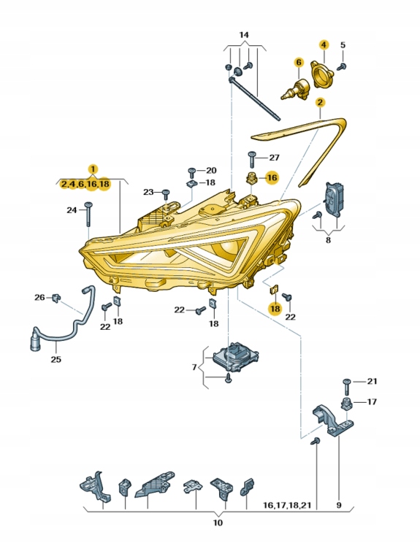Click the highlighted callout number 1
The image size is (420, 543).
pyautogui.click(x=92, y=169)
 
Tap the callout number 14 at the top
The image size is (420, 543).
pyautogui.click(x=243, y=35)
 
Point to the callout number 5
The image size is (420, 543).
pyautogui.click(x=343, y=45)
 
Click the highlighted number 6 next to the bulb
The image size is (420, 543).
pyautogui.click(x=298, y=62)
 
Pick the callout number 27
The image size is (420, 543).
pyautogui.click(x=274, y=158)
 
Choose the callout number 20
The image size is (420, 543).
pyautogui.click(x=211, y=170)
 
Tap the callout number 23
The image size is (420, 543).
pyautogui.click(x=149, y=192)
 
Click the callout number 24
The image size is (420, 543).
pyautogui.click(x=72, y=210)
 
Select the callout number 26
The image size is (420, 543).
pyautogui.click(x=39, y=297)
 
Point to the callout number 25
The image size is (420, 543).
pyautogui.click(x=56, y=359)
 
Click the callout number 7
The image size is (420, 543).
pyautogui.click(x=194, y=367)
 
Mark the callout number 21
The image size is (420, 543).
pyautogui.click(x=372, y=382)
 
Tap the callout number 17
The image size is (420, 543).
pyautogui.click(x=372, y=402)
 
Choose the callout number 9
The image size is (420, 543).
pyautogui.click(x=338, y=504)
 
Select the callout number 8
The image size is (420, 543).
pyautogui.click(x=328, y=239)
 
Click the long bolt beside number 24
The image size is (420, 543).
pyautogui.click(x=87, y=215)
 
